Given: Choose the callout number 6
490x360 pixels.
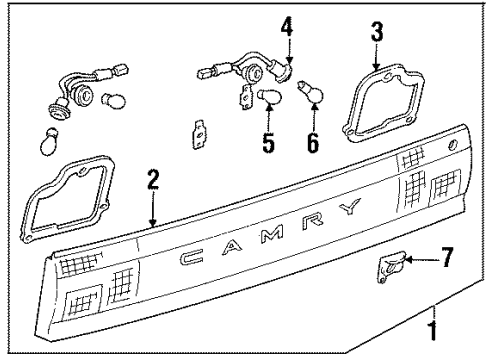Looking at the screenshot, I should pos(311,142).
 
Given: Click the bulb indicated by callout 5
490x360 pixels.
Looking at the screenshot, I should pos(269,97).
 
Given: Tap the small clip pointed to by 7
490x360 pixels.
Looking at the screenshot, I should pos(391,267).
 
